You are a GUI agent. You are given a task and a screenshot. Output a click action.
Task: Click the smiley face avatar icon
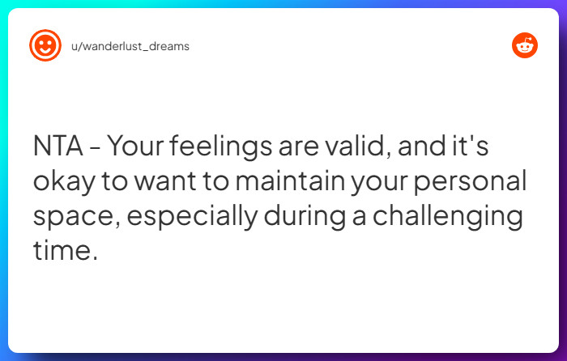click(45, 45)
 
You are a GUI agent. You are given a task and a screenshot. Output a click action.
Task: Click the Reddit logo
click(525, 46)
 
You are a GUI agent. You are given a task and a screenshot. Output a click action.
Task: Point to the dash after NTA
click(96, 148)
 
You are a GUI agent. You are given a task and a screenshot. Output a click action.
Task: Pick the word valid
click(361, 147)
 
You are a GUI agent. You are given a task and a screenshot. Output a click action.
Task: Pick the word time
click(65, 250)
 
